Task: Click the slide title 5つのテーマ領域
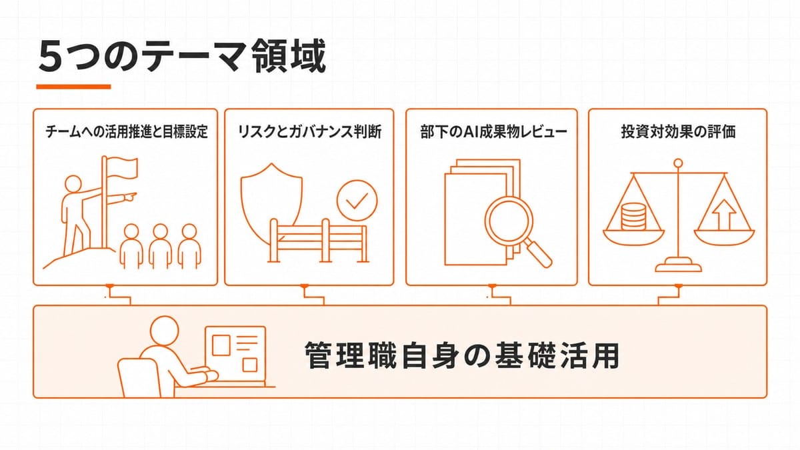coord(182,57)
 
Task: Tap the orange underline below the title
coord(73,87)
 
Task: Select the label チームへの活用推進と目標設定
coord(127,131)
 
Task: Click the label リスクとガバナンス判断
coord(309,131)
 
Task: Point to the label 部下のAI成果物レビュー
coord(493,131)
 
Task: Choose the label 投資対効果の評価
coord(678,131)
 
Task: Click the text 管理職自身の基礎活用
coord(462,355)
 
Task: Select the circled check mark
coord(357,201)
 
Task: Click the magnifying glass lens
coord(509,219)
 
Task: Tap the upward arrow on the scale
coord(724,215)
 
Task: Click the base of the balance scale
coord(678,265)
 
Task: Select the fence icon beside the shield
coord(318,241)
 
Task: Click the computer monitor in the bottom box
coord(235,356)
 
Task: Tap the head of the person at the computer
coord(164,331)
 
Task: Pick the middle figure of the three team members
coord(161,247)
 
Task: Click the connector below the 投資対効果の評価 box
coord(669,295)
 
